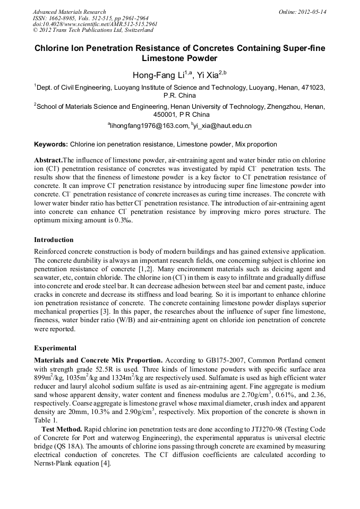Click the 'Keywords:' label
click(x=51, y=144)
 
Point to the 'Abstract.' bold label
click(x=48, y=160)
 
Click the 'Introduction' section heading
click(x=54, y=240)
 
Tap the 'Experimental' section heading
click(x=55, y=348)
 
